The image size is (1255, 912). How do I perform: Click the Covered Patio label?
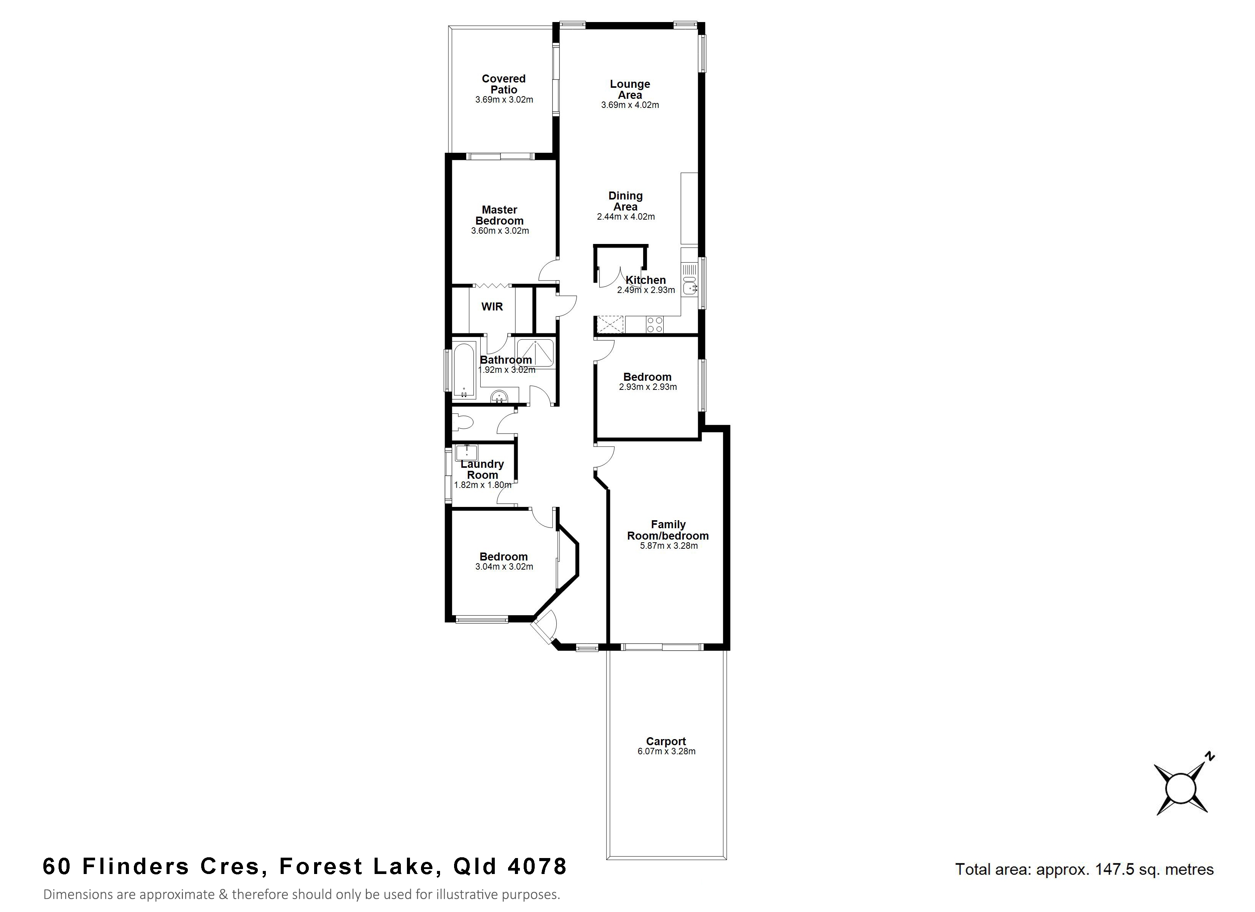coord(504,84)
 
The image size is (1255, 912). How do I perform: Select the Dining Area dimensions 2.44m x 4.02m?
coord(626,217)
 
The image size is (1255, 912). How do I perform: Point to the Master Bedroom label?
coord(500,215)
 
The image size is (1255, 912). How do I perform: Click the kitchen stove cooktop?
coord(655,324)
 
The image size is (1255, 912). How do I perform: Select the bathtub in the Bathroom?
coord(464,370)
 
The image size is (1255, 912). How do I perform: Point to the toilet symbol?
coord(462,423)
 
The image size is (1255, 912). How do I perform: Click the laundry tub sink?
coord(467,453)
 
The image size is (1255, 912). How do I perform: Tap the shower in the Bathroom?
coord(535,353)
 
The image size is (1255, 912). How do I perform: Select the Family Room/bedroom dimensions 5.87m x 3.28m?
coord(669,546)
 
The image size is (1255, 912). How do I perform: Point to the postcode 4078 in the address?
coord(537,866)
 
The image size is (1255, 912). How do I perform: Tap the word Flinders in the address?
coord(136,866)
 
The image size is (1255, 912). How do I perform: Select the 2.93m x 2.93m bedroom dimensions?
coord(647,387)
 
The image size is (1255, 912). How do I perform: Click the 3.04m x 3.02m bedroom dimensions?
coord(504,567)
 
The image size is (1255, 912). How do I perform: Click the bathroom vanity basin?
coord(500,396)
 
